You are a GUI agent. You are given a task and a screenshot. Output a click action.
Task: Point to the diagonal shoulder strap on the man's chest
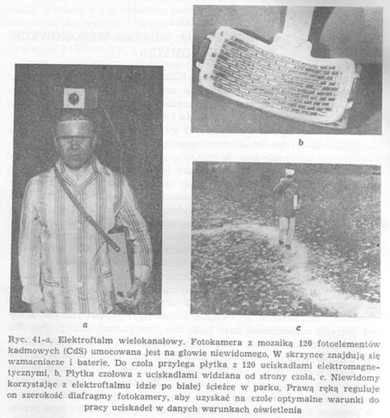pyautogui.click(x=84, y=206)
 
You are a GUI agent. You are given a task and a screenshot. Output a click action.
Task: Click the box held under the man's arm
pyautogui.click(x=120, y=261)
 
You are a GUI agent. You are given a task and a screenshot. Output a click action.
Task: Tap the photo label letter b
pyautogui.click(x=301, y=142)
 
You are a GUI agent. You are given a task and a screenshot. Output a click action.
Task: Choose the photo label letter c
pyautogui.click(x=298, y=328)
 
